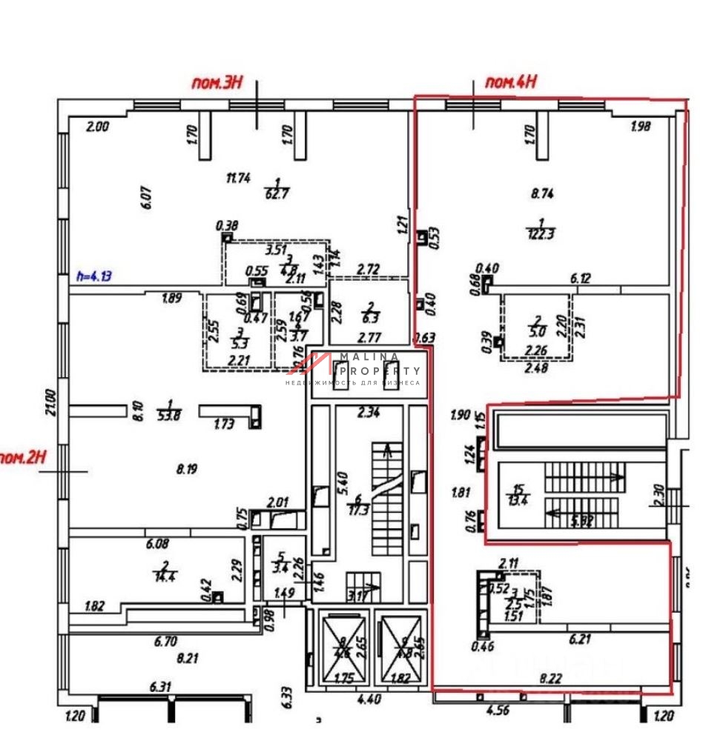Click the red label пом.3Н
[x=217, y=83]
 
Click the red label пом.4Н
[x=509, y=82]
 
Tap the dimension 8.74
[x=542, y=193]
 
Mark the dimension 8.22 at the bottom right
[x=550, y=677]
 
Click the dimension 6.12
[x=582, y=279]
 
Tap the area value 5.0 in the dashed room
[x=538, y=333]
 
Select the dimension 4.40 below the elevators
[x=369, y=698]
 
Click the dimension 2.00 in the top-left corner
[x=98, y=127]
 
